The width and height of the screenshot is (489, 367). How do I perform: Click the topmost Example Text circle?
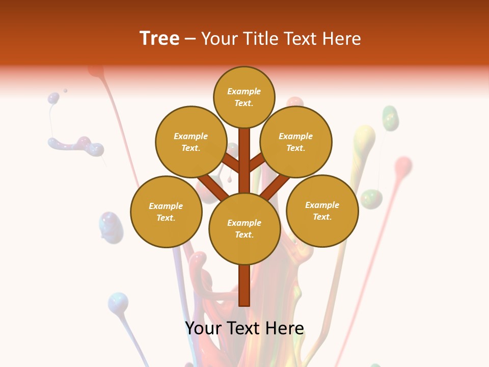tap(244, 97)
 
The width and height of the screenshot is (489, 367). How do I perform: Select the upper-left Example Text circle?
tap(191, 142)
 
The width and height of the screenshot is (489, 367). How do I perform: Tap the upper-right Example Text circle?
tap(296, 142)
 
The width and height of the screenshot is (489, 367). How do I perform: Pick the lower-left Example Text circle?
tap(166, 212)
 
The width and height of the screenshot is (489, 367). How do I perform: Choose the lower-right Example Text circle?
tap(322, 211)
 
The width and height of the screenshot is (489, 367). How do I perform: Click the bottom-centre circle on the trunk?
tap(244, 228)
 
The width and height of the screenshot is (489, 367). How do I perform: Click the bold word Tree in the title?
tap(159, 38)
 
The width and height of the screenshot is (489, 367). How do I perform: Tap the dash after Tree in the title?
tap(190, 39)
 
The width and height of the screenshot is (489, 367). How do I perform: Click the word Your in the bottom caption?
tap(203, 328)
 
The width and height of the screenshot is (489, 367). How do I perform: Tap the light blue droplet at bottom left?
tap(118, 302)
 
